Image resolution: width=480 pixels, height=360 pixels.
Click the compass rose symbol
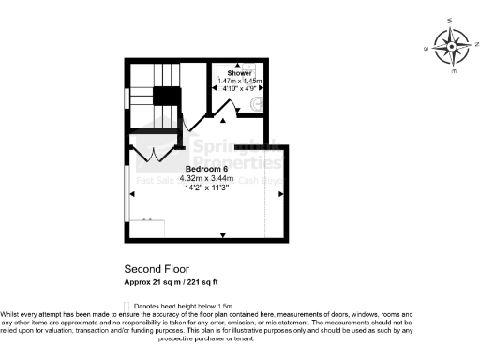tap(454, 46)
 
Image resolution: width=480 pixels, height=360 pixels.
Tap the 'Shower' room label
tap(239, 72)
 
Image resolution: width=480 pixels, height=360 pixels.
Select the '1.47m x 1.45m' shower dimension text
tap(239, 81)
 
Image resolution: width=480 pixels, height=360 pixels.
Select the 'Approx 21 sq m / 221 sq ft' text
tap(172, 281)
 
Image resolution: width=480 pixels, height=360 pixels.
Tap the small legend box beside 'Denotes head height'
tap(127, 306)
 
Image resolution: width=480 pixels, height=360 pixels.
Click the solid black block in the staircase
tap(167, 96)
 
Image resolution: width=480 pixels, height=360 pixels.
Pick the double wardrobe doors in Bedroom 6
tap(150, 154)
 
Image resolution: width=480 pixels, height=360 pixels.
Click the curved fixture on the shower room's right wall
tap(265, 102)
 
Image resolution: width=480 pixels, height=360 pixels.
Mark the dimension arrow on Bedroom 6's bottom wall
tap(222, 234)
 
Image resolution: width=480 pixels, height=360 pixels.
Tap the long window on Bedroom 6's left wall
tap(127, 192)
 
